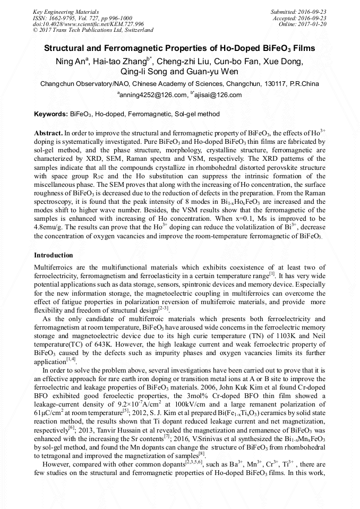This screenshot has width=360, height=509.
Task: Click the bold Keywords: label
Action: pyautogui.click(x=50, y=114)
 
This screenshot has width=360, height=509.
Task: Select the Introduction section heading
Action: pyautogui.click(x=54, y=255)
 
